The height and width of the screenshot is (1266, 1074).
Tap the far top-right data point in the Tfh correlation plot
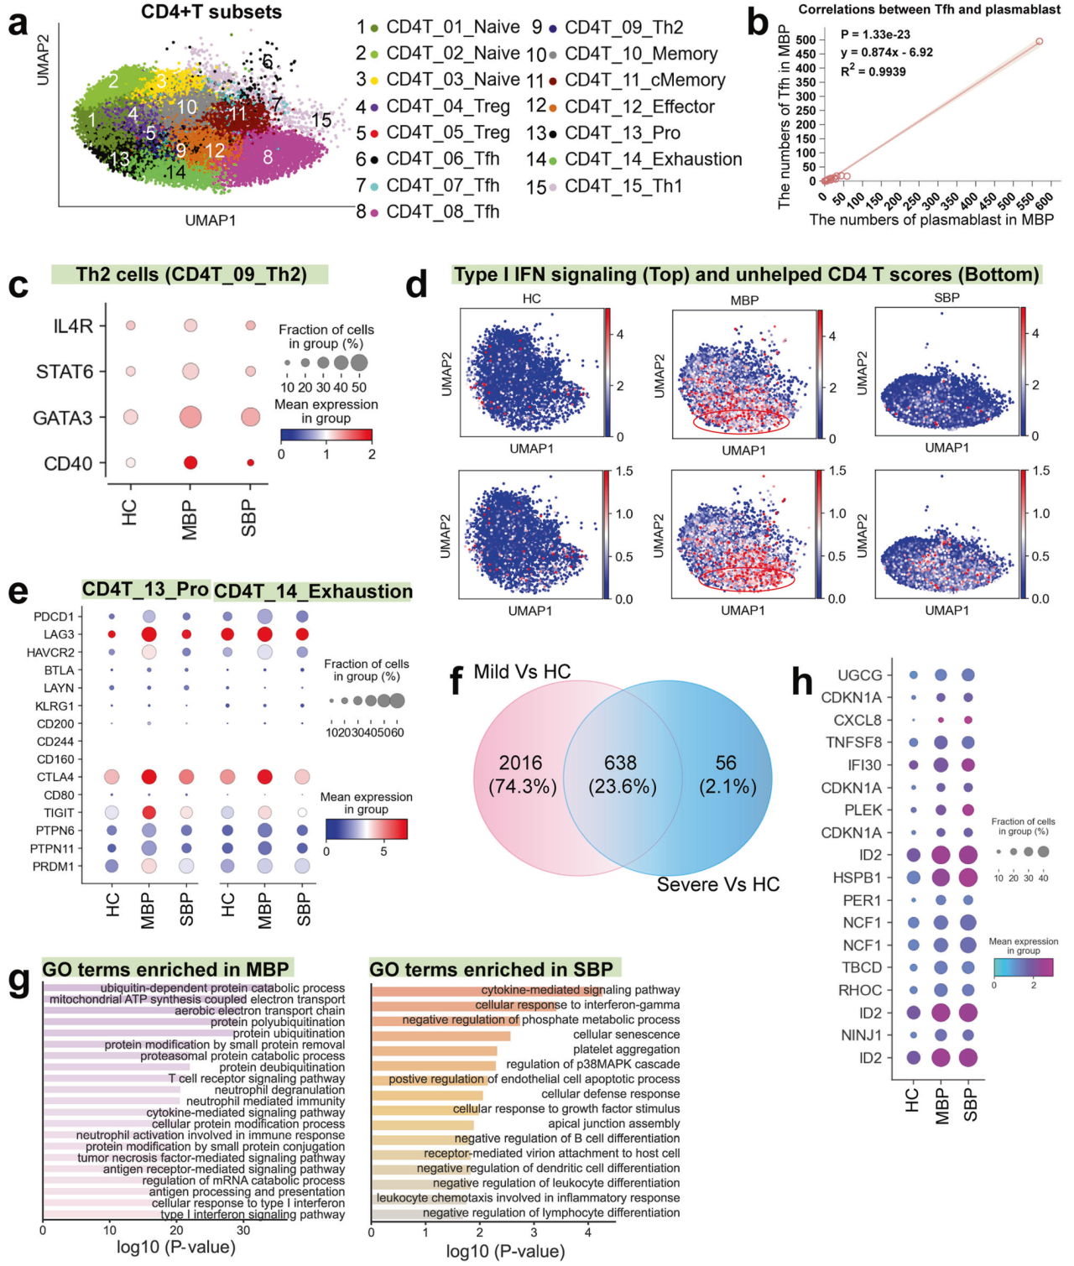pos(1039,41)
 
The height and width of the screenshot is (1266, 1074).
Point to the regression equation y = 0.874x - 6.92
pos(887,52)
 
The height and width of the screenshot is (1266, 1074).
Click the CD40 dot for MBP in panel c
pos(190,462)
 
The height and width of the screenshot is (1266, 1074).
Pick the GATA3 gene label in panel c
pos(63,418)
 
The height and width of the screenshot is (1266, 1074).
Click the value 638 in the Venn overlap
pos(620,763)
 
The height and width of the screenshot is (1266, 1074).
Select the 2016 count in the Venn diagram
pos(520,763)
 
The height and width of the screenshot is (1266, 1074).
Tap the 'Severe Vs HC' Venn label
pos(717,884)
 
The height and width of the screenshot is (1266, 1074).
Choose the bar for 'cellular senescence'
pos(441,1035)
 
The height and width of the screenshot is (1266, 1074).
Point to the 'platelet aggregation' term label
pos(626,1050)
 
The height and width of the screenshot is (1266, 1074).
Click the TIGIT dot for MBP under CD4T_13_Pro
pos(149,812)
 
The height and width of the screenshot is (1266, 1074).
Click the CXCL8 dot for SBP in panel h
pos(968,720)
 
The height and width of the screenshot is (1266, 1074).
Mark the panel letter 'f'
pos(456,680)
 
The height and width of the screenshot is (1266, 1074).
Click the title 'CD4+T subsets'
pos(211,12)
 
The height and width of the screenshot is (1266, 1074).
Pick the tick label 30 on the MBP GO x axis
pos(243,1230)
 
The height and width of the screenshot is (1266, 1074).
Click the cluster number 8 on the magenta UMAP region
pos(268,156)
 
